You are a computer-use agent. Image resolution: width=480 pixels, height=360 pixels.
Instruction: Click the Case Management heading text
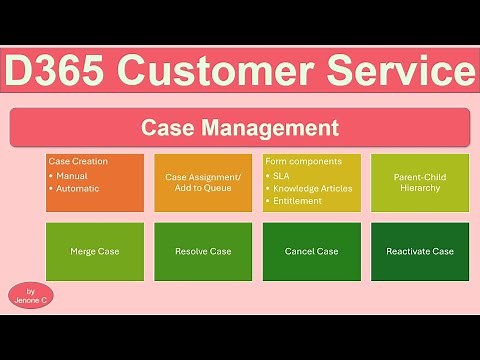pyautogui.click(x=240, y=128)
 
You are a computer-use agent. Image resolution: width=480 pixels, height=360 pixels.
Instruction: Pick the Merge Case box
pyautogui.click(x=95, y=251)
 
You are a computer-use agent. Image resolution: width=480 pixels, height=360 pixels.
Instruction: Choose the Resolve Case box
pyautogui.click(x=203, y=251)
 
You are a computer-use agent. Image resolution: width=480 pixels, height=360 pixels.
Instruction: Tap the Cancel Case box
pyautogui.click(x=312, y=251)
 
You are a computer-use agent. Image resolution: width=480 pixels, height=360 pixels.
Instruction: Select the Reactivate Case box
pyautogui.click(x=420, y=251)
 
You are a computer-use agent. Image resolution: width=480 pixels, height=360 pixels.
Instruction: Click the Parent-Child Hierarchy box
pyautogui.click(x=420, y=182)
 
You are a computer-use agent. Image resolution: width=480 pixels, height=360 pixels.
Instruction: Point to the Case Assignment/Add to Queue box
pyautogui.click(x=203, y=182)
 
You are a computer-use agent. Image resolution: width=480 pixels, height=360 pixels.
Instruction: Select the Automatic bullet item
pyautogui.click(x=78, y=187)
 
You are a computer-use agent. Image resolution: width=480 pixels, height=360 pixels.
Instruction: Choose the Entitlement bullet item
pyautogui.click(x=298, y=200)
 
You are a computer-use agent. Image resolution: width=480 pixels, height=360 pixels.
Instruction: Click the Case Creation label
pyautogui.click(x=78, y=161)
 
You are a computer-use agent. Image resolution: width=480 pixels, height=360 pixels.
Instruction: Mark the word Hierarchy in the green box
pyautogui.click(x=420, y=188)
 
